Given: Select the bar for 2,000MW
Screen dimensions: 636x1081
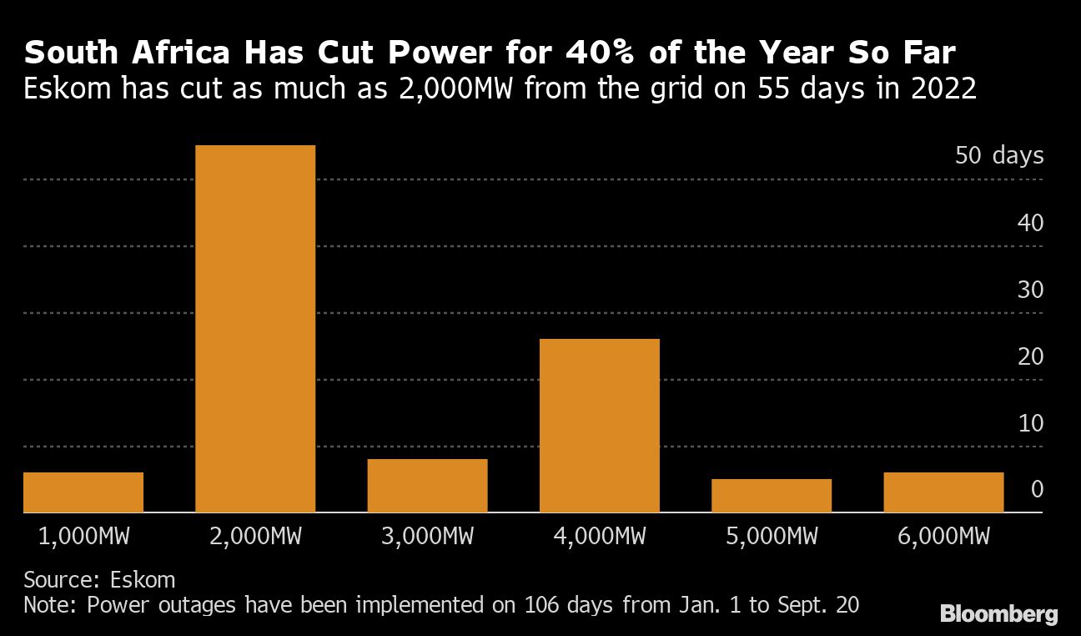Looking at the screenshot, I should click(255, 329).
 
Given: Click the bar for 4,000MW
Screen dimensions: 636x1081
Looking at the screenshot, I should click(599, 426).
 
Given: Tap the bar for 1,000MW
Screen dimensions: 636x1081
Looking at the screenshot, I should click(83, 492).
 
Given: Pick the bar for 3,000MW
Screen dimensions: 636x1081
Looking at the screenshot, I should click(427, 486).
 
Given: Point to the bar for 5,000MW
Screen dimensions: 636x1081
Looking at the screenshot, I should click(771, 496).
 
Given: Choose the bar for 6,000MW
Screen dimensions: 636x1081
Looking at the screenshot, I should click(943, 492).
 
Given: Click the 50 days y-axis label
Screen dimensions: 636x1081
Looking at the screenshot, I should click(999, 156).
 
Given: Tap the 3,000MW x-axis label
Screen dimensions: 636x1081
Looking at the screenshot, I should click(427, 536).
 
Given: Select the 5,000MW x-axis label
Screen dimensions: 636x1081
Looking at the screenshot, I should click(771, 536).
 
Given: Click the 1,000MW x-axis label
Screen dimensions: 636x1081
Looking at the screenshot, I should click(83, 536).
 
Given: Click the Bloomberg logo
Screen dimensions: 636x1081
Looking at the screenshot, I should click(998, 615).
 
